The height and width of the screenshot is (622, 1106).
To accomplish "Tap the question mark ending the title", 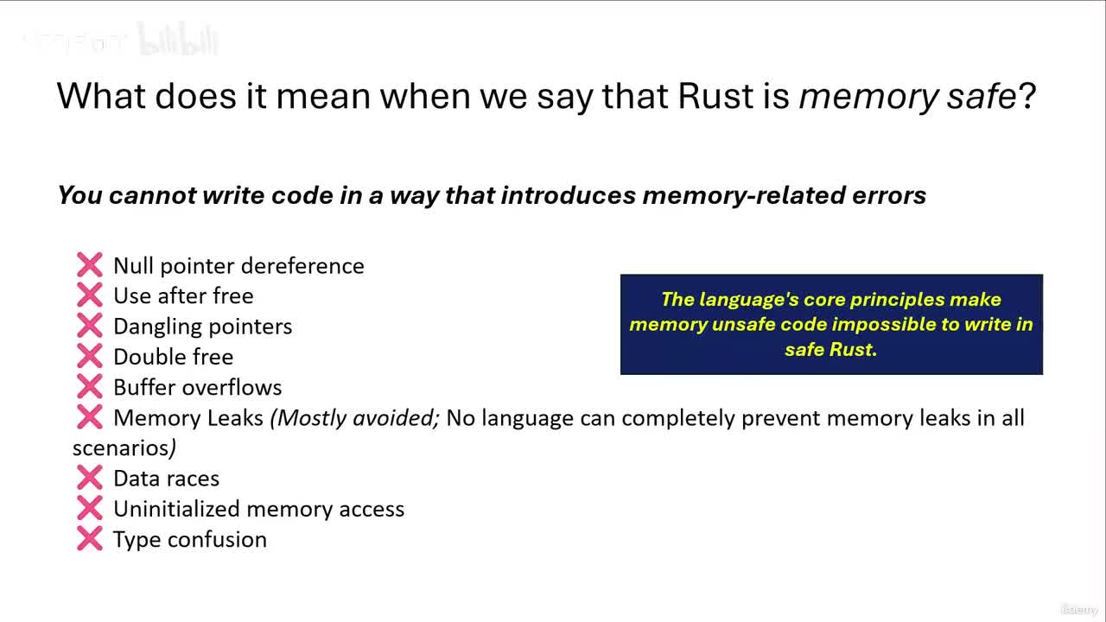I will click(1027, 96).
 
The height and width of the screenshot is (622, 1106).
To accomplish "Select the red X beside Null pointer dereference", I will click(89, 265).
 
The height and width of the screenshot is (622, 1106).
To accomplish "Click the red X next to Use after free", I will click(89, 295).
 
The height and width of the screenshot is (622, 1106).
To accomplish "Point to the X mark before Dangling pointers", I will click(89, 326).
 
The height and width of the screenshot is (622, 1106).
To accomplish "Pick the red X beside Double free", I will click(89, 356).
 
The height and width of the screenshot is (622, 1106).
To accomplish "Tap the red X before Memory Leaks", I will click(89, 417).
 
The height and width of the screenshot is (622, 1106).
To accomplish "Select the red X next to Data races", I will click(89, 478).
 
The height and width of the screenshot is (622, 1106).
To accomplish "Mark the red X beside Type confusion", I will click(89, 539).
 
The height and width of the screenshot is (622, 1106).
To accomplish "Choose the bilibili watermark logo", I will click(178, 41).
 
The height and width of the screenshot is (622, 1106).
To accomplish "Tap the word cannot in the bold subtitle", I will click(153, 195).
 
